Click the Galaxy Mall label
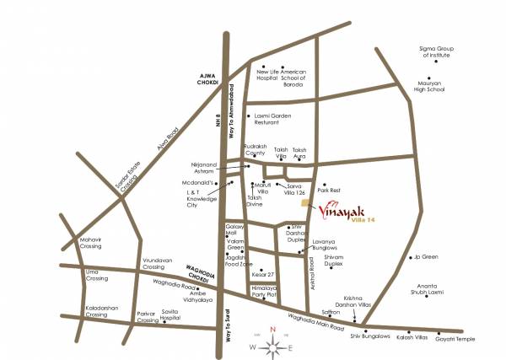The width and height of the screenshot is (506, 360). (x=234, y=230)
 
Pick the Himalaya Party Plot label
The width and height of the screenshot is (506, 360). (x=246, y=293)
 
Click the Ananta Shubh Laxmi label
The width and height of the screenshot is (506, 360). (x=437, y=291)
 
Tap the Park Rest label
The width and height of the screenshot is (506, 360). (x=328, y=191)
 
